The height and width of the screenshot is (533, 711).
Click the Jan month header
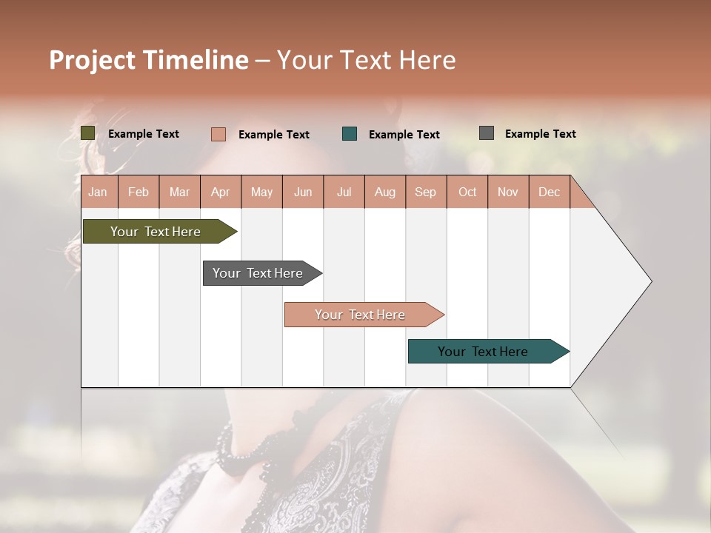98,192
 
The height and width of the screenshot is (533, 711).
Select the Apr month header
220,192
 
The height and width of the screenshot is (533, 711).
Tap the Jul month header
344,192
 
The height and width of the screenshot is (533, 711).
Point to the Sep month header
425,192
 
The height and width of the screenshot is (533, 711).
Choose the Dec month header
549,192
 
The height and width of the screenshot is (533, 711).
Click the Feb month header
138,192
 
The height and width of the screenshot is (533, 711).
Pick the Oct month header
467,192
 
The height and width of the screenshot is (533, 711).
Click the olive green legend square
88,133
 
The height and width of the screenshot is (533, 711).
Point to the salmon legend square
218,134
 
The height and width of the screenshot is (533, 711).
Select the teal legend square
350,134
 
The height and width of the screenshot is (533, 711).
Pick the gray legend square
487,133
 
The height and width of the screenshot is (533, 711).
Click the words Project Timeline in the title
148,60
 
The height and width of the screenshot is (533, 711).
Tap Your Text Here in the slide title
366,60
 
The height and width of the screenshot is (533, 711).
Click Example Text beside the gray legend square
540,134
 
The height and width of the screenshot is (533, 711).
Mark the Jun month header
303,192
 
